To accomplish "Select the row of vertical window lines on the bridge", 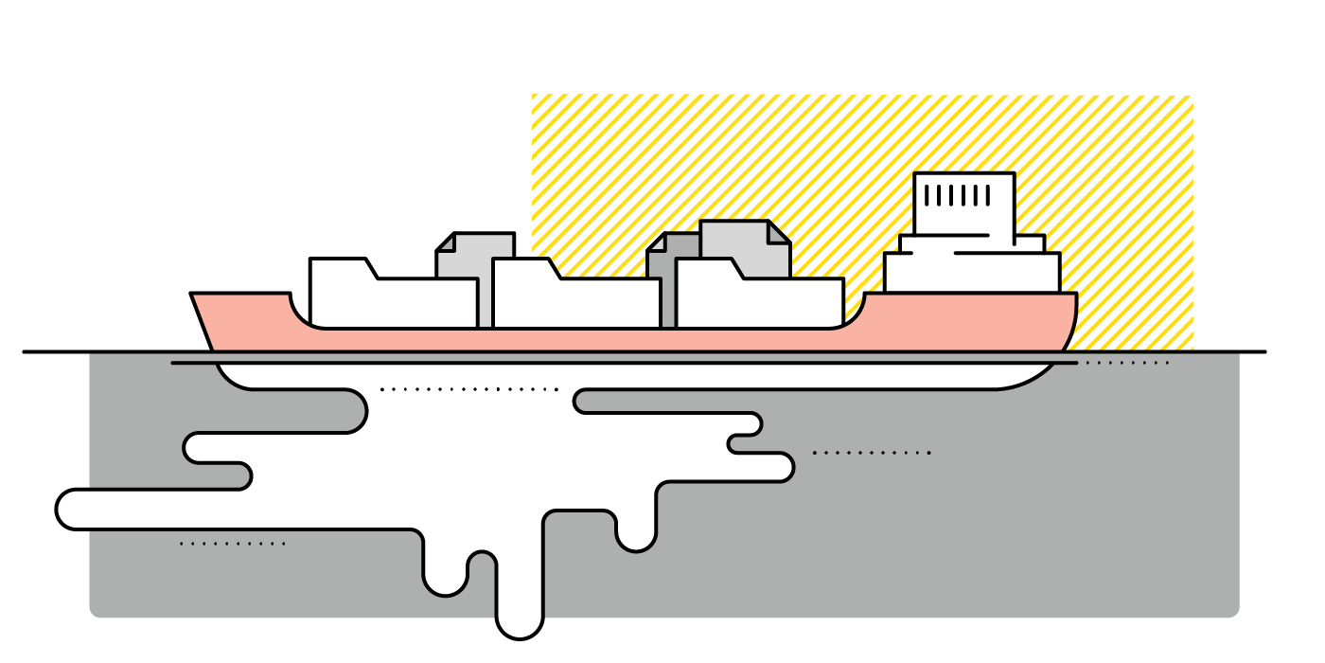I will coord(957,196).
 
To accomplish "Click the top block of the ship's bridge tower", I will coord(963,204).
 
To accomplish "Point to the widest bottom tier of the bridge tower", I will coord(972,273).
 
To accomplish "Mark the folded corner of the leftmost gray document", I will coord(445,242).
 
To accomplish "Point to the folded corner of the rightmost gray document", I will coord(778,232).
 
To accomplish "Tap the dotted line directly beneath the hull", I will coord(468,389).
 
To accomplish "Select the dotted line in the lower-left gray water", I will coord(232,544).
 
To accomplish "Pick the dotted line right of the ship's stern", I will coord(1126,363).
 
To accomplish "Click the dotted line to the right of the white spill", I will coord(871,453).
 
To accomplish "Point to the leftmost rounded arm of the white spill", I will coord(76,509).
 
